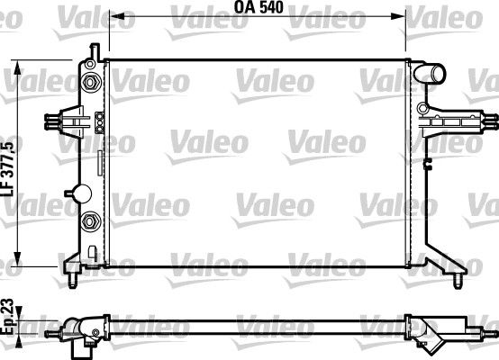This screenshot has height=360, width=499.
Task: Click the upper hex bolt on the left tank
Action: pyautogui.click(x=90, y=84)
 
